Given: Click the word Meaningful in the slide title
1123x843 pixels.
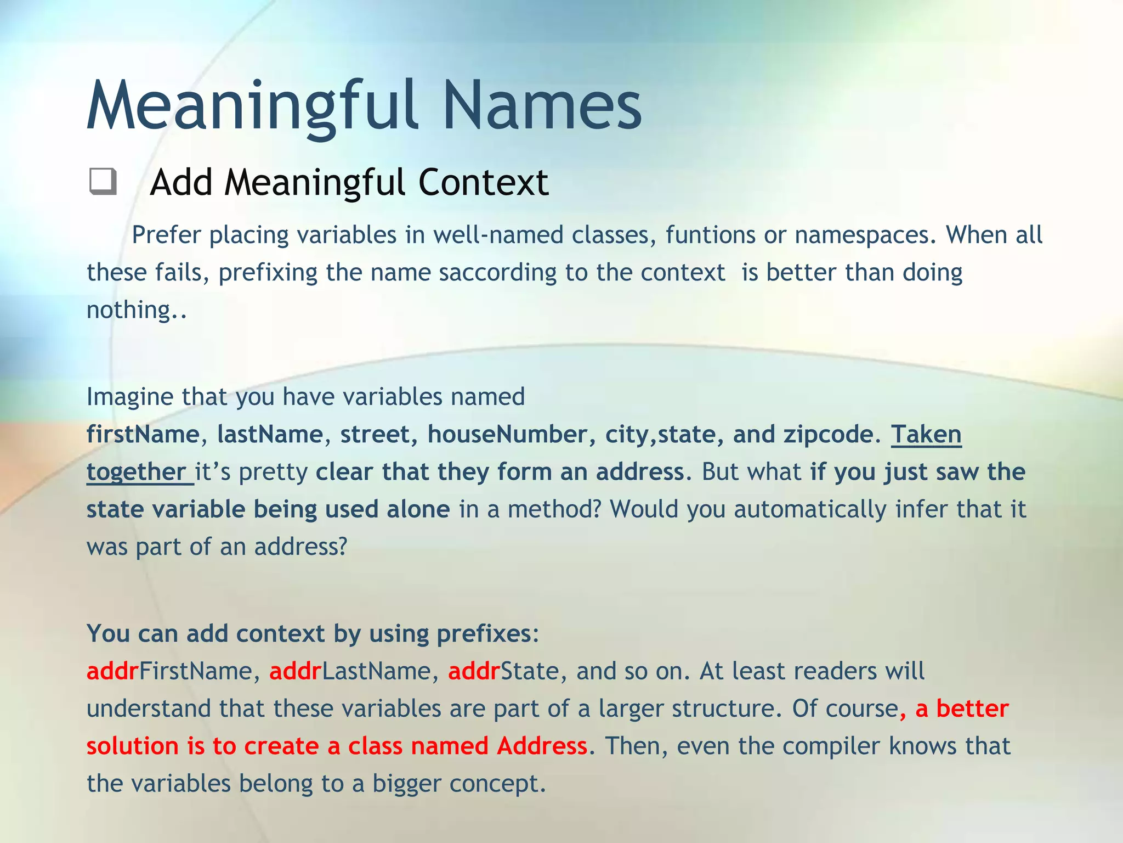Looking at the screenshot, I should pos(252,105).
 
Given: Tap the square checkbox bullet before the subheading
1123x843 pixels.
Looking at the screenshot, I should pos(103,182).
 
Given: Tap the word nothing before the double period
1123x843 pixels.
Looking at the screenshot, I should pos(129,310).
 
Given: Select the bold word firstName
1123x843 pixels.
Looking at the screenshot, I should pos(143,434).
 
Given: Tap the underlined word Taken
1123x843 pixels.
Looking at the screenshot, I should pos(926,434).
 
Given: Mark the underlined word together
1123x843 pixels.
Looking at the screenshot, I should pos(137,472).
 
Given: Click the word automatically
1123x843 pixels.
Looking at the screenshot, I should pos(809,509).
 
